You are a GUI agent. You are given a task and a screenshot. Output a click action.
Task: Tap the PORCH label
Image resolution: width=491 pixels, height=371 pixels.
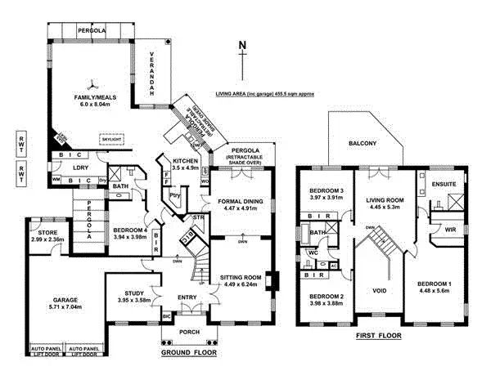pyautogui.click(x=189, y=332)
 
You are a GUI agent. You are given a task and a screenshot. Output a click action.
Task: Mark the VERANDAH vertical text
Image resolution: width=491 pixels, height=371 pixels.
pyautogui.click(x=152, y=83)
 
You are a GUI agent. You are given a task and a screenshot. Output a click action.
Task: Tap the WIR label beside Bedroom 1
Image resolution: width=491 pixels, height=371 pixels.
pyautogui.click(x=449, y=230)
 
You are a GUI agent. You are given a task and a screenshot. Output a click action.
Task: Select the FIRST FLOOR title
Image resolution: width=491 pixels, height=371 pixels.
pyautogui.click(x=378, y=336)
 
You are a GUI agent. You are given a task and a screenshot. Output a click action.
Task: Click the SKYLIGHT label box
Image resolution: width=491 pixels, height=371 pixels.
pyautogui.click(x=112, y=140)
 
